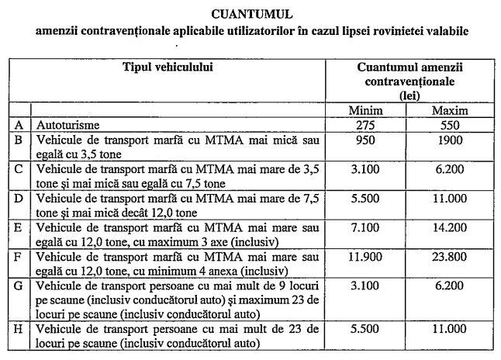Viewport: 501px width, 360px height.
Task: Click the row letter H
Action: pyautogui.click(x=19, y=329)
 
